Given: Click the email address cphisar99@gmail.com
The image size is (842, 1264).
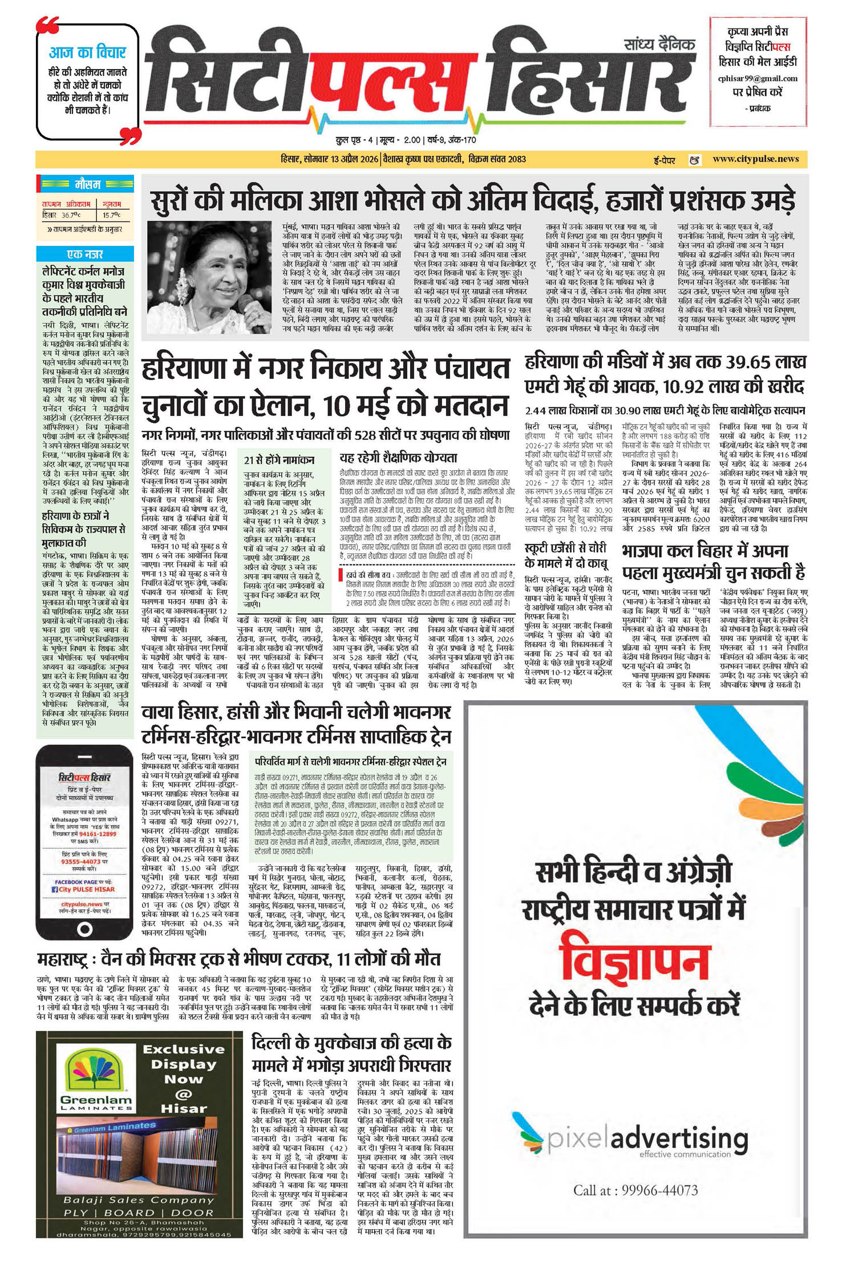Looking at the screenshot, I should (758, 79).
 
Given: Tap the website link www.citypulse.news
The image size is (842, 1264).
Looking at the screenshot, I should (755, 159).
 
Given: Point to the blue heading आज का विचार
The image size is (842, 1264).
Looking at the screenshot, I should (87, 53).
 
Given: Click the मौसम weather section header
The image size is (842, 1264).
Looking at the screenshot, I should (87, 184).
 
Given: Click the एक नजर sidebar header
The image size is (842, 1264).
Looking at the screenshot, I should (85, 254).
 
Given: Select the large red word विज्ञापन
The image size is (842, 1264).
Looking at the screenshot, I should (635, 962).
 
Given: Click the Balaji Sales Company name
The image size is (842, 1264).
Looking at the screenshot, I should (139, 1200).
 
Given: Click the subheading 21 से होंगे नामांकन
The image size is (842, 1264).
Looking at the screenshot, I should (279, 460).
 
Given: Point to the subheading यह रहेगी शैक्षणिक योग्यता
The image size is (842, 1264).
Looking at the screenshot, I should (398, 458).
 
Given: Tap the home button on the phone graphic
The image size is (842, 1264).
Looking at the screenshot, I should (85, 928).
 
